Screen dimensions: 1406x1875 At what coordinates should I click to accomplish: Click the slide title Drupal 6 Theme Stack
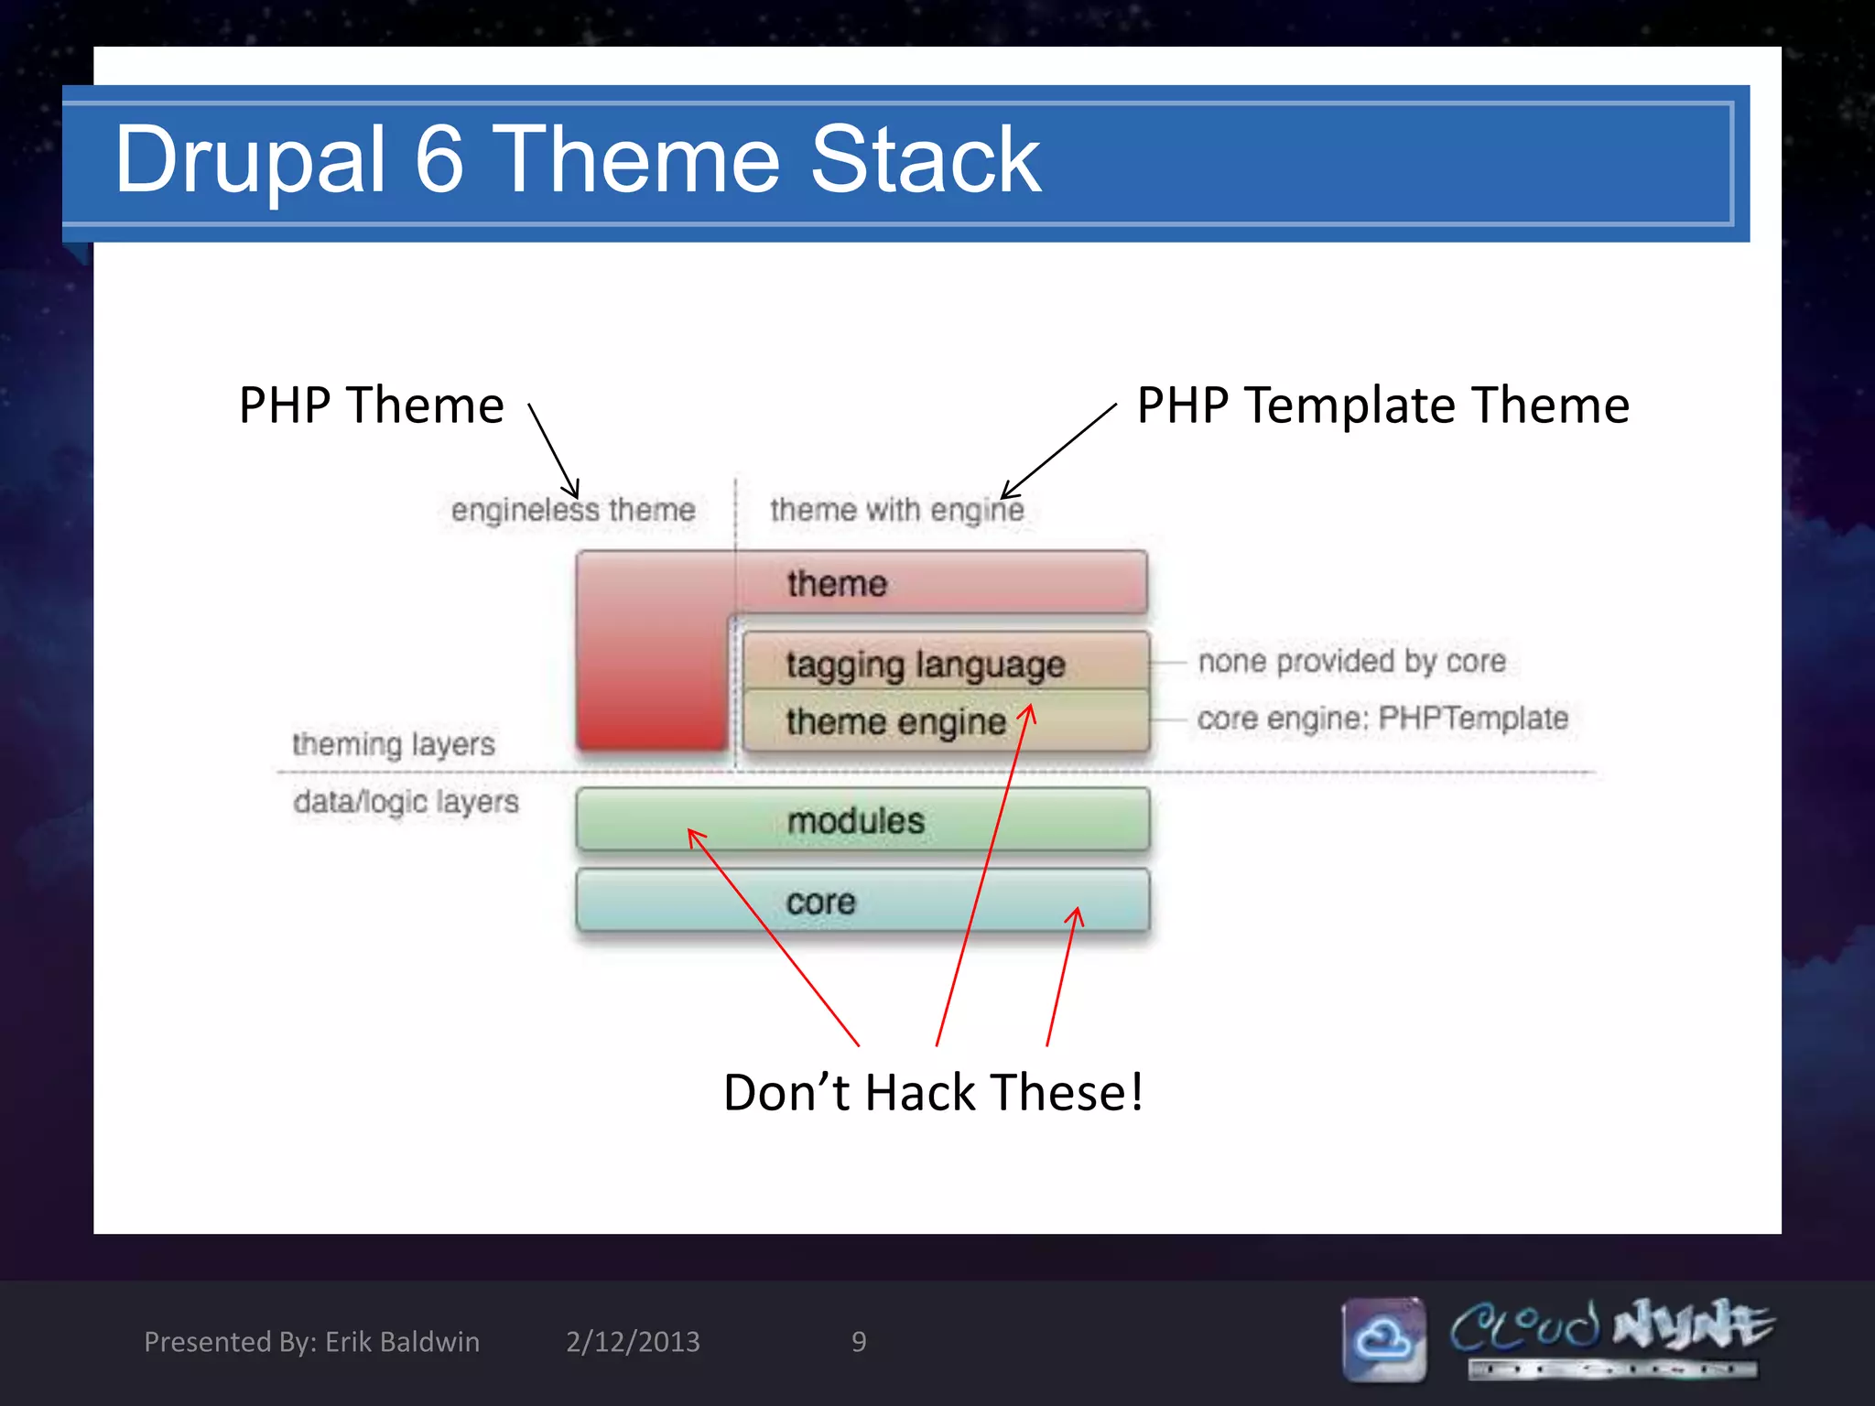(x=577, y=160)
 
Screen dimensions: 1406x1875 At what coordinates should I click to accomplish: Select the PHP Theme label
(x=371, y=405)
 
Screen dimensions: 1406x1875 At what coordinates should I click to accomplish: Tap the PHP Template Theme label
(x=1382, y=405)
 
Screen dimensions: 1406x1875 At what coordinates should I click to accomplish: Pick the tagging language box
(x=925, y=664)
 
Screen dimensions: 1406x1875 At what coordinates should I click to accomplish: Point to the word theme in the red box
(x=837, y=583)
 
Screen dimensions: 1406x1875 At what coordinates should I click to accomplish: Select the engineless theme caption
(x=573, y=510)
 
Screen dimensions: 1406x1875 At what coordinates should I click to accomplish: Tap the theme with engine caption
(x=896, y=510)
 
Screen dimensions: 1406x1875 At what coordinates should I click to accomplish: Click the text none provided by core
(x=1351, y=661)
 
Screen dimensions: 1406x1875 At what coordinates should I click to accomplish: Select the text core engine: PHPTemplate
(x=1382, y=719)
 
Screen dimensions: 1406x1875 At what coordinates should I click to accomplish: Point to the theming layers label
(x=394, y=744)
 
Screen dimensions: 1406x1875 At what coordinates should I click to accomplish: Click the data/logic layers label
(x=406, y=802)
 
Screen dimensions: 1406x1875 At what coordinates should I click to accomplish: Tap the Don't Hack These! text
(x=933, y=1092)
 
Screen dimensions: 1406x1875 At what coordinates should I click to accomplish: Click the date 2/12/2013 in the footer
(x=633, y=1342)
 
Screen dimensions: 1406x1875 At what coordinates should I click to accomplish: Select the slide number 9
(x=859, y=1342)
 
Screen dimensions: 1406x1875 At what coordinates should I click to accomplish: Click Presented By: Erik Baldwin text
(x=311, y=1342)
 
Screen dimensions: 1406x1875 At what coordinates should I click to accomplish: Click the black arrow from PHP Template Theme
(x=1060, y=450)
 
